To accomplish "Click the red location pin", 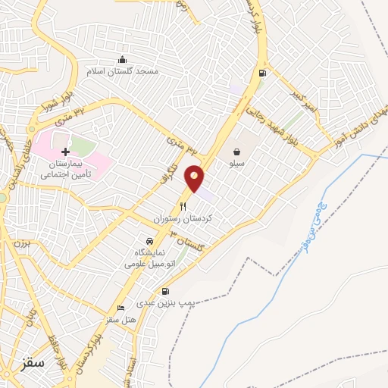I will [x=195, y=177].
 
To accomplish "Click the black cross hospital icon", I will [x=65, y=152].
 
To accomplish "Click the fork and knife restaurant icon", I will [x=183, y=206].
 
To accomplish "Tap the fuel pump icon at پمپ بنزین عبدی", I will [x=166, y=292].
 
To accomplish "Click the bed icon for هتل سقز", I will [x=121, y=308].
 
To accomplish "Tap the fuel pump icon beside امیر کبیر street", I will [x=262, y=74].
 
